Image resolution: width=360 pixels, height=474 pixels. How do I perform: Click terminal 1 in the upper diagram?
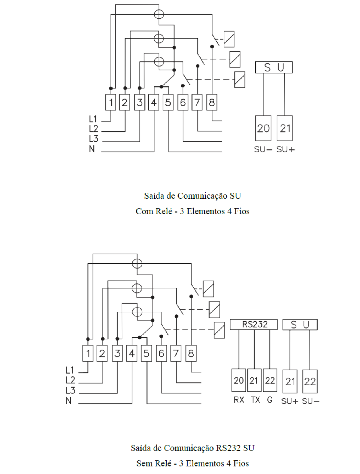(111, 102)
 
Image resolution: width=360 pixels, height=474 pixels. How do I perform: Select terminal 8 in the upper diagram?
(212, 102)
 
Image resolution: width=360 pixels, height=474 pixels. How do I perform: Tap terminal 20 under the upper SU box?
(263, 128)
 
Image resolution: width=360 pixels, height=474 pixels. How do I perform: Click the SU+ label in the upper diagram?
(286, 149)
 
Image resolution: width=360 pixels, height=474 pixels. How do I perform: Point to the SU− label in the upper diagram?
(263, 149)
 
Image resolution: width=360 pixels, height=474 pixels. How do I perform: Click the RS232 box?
(253, 324)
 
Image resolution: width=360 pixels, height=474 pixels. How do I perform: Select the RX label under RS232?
(239, 400)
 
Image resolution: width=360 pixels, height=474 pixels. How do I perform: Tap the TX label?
(255, 400)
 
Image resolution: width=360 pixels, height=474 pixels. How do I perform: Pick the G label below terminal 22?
(270, 400)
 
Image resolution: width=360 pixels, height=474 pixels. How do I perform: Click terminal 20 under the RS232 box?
(239, 380)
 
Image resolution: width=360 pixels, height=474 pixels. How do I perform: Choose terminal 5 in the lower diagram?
(146, 353)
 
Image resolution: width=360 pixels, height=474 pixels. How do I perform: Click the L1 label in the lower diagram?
(69, 370)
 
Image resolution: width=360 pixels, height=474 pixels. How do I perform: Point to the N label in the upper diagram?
(92, 149)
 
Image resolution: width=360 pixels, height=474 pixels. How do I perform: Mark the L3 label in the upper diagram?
(94, 139)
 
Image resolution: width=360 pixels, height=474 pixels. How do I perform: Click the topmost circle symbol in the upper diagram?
(159, 15)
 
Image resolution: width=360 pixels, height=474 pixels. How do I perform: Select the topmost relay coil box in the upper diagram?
(229, 39)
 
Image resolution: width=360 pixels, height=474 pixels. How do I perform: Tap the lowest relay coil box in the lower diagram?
(219, 330)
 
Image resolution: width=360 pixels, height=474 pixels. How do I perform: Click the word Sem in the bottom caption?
(143, 463)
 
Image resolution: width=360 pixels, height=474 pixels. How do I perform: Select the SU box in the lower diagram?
(300, 324)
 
